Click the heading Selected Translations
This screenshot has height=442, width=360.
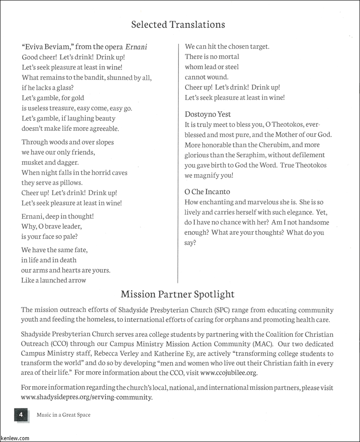178,25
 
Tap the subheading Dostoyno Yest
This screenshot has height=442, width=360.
208,114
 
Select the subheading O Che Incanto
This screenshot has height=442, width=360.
207,192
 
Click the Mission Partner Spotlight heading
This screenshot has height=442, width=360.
178,294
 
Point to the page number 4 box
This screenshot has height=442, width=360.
21,415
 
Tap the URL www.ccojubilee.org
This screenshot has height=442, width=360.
228,373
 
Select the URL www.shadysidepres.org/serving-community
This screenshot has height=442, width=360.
87,397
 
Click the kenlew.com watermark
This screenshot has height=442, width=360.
15,438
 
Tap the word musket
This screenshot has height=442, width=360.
32,163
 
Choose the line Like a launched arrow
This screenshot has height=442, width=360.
53,280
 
